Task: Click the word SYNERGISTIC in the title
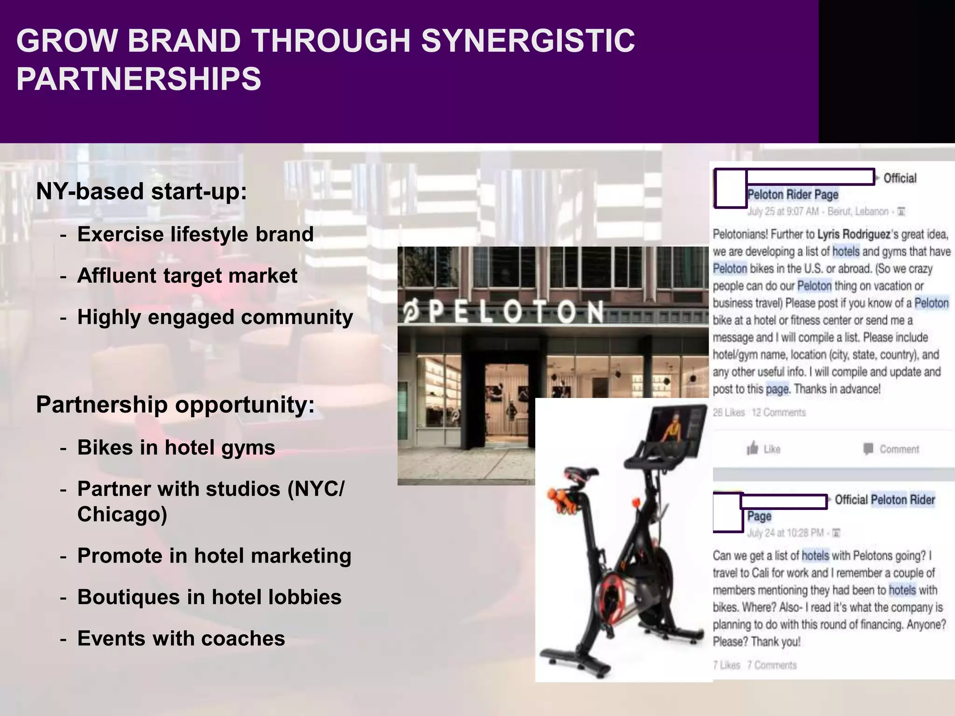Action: click(527, 41)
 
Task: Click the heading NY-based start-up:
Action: click(141, 191)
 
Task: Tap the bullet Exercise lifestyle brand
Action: click(195, 234)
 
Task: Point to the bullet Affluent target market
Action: click(187, 275)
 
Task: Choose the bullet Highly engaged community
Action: click(215, 317)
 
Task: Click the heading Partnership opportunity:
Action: click(175, 404)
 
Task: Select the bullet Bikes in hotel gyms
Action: click(176, 447)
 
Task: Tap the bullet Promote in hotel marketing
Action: click(214, 556)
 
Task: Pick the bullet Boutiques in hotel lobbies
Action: click(209, 597)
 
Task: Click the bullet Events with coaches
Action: click(181, 639)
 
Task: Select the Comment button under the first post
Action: click(891, 449)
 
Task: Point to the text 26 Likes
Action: click(729, 413)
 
